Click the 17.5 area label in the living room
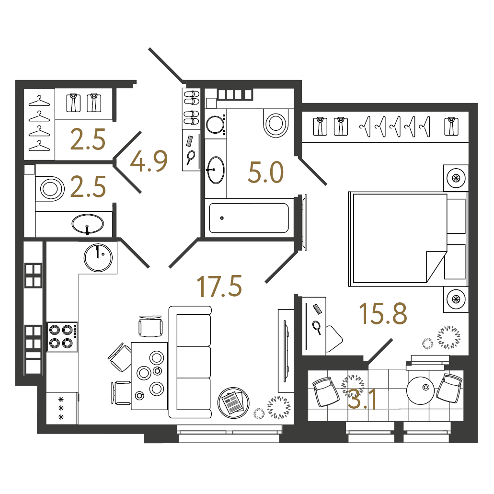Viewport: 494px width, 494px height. (x=219, y=286)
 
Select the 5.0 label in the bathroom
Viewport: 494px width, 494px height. (x=266, y=173)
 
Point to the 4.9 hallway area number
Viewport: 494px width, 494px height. (x=149, y=161)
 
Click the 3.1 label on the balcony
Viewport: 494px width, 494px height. (x=362, y=399)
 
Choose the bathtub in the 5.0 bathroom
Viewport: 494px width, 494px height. (x=249, y=218)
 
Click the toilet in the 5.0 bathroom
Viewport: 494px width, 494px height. (x=276, y=123)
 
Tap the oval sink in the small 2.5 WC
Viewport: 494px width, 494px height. (x=87, y=223)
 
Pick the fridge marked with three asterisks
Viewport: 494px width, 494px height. (x=61, y=408)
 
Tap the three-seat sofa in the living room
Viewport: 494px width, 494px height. (x=190, y=362)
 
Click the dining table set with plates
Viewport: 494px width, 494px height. (x=149, y=376)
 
